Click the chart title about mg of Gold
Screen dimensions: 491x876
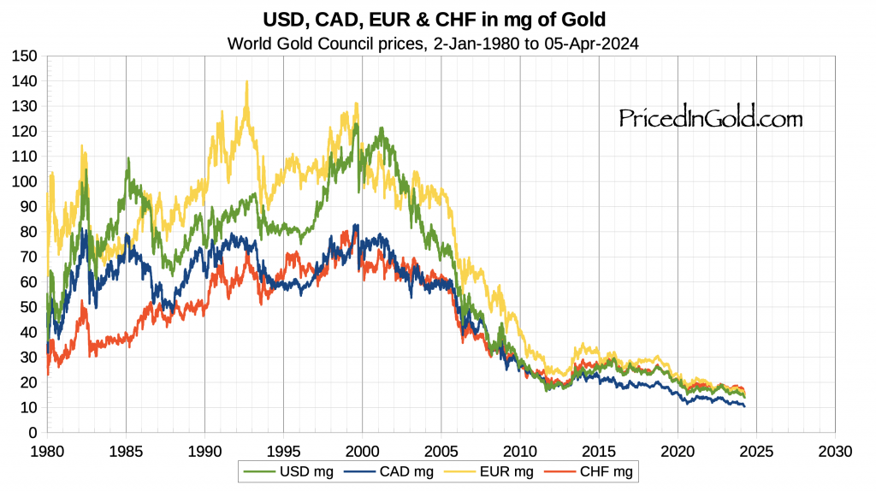coord(439,19)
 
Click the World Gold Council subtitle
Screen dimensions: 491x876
coord(438,43)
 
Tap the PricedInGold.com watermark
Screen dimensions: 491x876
coord(711,118)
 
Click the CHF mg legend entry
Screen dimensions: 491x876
coord(602,470)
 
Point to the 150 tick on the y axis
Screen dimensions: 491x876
coord(26,56)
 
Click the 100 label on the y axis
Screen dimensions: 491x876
coord(26,181)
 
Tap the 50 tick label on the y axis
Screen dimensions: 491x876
coord(29,307)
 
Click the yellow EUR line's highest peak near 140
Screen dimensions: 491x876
coord(247,82)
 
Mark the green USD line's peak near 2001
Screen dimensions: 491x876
coord(380,128)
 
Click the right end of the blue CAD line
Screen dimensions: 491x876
coord(744,405)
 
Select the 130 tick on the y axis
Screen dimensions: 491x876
coord(26,106)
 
